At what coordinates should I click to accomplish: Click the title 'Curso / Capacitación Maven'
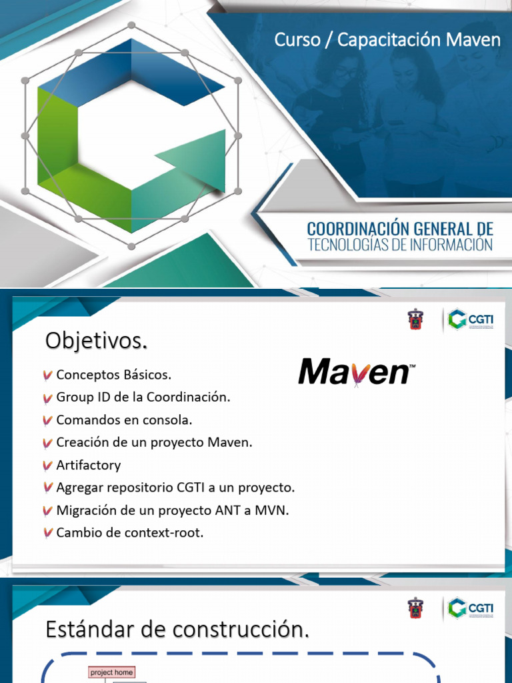pos(387,40)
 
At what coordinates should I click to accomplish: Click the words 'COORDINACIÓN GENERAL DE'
pos(400,229)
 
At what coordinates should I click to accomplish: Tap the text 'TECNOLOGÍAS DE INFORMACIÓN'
pos(400,245)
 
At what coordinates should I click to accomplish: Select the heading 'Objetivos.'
pos(96,341)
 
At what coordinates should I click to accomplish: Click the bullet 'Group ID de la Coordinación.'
pos(143,398)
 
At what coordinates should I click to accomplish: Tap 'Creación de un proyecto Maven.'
pos(154,443)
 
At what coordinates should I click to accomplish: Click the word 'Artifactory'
pos(89,466)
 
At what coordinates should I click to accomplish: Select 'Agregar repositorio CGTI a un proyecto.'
pos(175,488)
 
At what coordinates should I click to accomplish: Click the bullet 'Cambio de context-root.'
pos(129,534)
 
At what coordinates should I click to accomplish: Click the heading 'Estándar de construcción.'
pos(177,630)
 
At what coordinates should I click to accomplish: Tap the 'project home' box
pos(111,672)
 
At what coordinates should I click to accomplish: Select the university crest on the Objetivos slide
pos(415,319)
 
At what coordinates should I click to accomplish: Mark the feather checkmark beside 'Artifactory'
pos(48,466)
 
